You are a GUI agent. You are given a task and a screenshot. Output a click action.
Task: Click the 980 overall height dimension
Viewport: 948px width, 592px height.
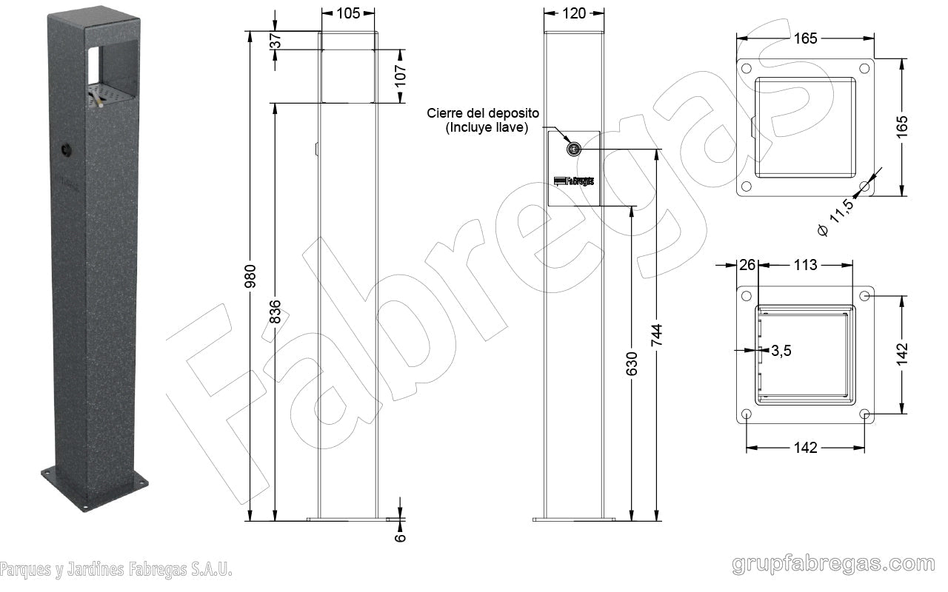[x=250, y=276]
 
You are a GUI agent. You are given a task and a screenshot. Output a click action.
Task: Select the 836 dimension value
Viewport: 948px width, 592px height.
[x=275, y=312]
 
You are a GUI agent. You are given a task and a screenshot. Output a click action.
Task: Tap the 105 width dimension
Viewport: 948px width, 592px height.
[x=348, y=13]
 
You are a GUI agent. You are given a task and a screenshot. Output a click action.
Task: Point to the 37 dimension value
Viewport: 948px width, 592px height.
[x=275, y=41]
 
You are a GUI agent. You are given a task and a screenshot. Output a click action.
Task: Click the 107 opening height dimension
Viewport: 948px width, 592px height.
[x=401, y=76]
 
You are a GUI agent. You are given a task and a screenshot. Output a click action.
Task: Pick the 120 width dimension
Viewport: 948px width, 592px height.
[x=574, y=13]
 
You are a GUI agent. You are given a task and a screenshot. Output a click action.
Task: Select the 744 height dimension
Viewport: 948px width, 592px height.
[x=656, y=335]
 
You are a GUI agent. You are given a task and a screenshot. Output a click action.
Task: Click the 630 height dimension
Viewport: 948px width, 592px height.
[x=632, y=363]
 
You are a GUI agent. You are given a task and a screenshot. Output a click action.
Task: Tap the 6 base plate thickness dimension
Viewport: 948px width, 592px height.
[x=400, y=537]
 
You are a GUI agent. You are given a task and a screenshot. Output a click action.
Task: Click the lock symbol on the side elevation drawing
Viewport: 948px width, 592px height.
[x=573, y=149]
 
